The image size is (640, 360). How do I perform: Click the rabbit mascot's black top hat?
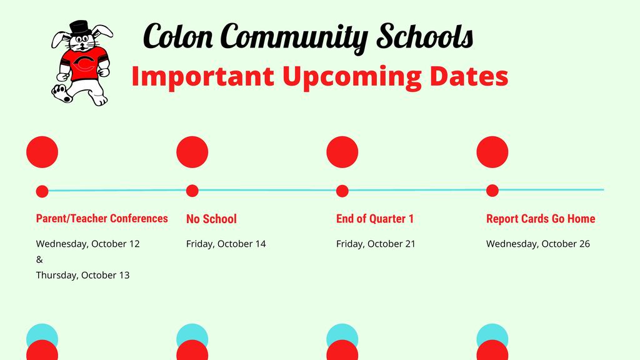[80, 28]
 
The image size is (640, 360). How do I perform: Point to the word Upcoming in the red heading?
[352, 77]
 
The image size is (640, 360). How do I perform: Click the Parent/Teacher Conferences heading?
[102, 218]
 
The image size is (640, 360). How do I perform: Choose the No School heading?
[211, 219]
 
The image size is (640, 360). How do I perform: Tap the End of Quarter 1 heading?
[375, 219]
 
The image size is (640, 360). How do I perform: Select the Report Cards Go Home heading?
[541, 219]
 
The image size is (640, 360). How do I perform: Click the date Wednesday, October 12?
[87, 244]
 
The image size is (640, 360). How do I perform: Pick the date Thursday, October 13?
[82, 276]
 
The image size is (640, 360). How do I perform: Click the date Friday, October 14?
[226, 244]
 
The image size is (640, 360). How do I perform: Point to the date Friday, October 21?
[376, 244]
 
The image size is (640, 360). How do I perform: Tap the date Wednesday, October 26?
[538, 244]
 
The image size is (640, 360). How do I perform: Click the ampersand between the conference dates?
[39, 259]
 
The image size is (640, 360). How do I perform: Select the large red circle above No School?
[192, 152]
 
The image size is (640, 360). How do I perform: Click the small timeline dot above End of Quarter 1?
[342, 191]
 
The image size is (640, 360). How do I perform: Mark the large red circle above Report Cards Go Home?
[492, 152]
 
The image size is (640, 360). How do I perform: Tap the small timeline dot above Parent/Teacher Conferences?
[42, 191]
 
